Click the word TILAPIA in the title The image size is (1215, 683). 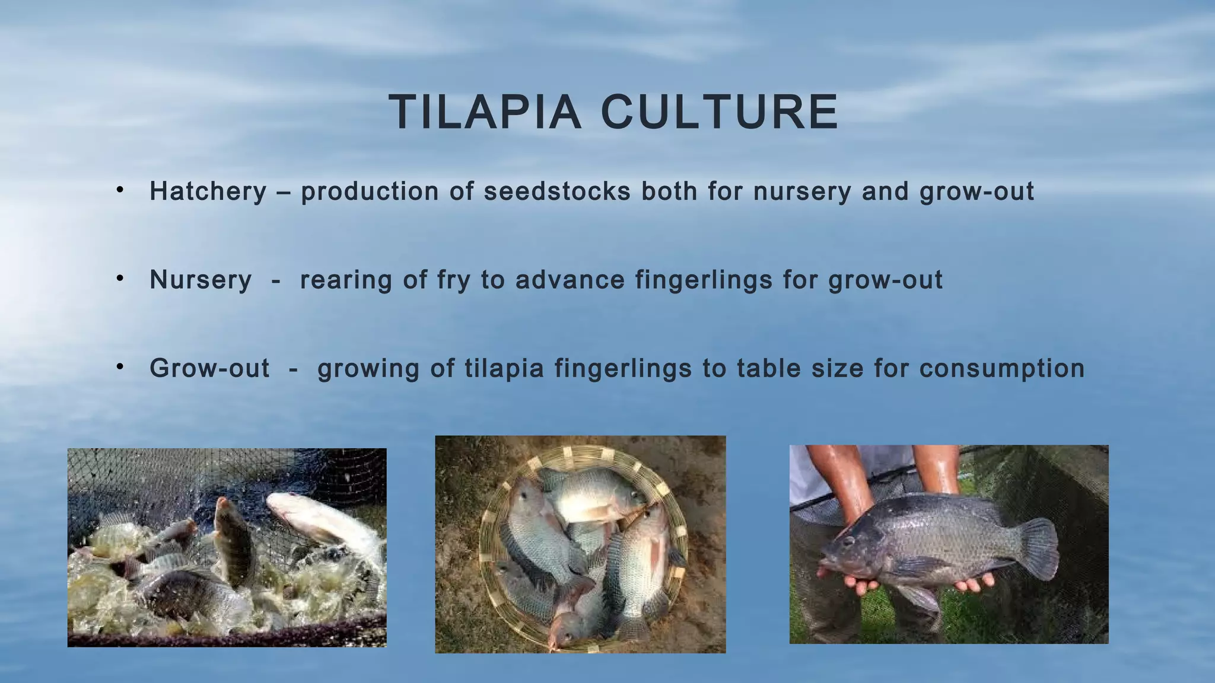[x=485, y=112]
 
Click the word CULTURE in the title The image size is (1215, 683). [x=720, y=112]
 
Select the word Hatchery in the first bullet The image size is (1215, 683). [x=208, y=192]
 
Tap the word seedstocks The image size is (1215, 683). [x=557, y=192]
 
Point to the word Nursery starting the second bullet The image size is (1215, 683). [x=201, y=280]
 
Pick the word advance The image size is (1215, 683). [x=570, y=280]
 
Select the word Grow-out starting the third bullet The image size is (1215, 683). [x=209, y=368]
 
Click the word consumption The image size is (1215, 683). [x=1002, y=368]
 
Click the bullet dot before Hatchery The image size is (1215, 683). [x=120, y=190]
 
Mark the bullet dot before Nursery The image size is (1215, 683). [x=120, y=278]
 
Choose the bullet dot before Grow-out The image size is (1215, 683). [x=120, y=367]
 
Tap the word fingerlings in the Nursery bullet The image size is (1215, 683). [x=704, y=280]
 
